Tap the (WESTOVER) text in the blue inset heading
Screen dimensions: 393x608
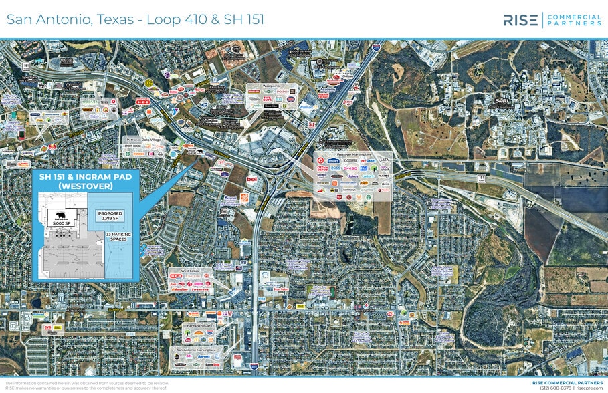coord(85,186)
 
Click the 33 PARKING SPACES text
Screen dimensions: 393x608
coord(117,237)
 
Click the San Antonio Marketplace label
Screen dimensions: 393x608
coord(196,349)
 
